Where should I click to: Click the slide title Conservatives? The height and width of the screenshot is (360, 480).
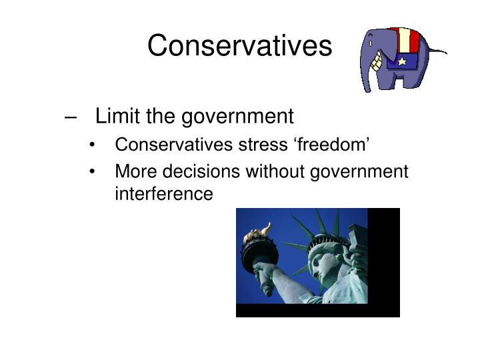coord(239,46)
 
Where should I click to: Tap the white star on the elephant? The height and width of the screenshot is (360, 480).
coord(402,62)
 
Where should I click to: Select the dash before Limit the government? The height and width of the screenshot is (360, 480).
coord(71,117)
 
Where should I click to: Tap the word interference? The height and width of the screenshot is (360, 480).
coord(164,194)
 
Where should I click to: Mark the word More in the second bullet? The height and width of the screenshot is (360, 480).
coord(133,171)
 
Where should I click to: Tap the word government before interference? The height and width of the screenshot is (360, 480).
coord(360,171)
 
